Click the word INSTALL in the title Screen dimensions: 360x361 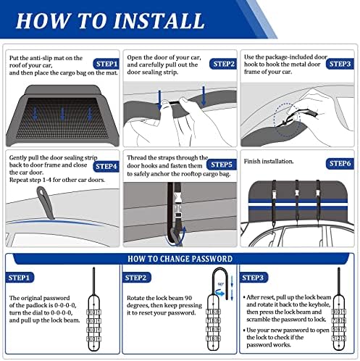pos(159,21)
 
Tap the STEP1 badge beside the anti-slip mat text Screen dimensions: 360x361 pos(106,64)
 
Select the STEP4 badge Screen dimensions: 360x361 pos(106,167)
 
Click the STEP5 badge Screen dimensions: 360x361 pos(222,165)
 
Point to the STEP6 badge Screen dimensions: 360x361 pos(340,164)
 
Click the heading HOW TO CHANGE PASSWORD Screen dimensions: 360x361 pos(180,259)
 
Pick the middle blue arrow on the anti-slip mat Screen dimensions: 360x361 pos(62,114)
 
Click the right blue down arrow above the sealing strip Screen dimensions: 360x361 pos(204,96)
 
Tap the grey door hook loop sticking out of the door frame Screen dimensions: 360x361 pos(45,202)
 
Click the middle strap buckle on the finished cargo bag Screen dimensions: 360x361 pos(297,193)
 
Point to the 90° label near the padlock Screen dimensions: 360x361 pos(221,284)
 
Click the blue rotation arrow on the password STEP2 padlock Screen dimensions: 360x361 pos(220,294)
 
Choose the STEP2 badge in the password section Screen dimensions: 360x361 pos(135,278)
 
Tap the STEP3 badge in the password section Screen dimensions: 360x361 pos(253,278)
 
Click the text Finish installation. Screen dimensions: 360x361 pos(269,161)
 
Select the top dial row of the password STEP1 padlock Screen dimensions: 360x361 pos(93,312)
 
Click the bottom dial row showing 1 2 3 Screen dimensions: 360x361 pos(338,339)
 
